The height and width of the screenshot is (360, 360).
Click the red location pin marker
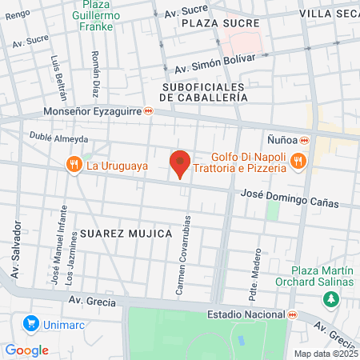(180, 163)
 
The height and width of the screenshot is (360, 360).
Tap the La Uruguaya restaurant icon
(74, 165)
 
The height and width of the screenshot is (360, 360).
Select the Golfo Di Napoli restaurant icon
(298, 161)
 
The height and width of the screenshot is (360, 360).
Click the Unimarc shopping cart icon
(32, 323)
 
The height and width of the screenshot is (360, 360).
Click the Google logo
(26, 350)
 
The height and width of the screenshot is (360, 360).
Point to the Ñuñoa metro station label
(282, 138)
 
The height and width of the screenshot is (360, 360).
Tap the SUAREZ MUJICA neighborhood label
(126, 233)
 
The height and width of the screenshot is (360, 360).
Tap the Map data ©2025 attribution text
(326, 354)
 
